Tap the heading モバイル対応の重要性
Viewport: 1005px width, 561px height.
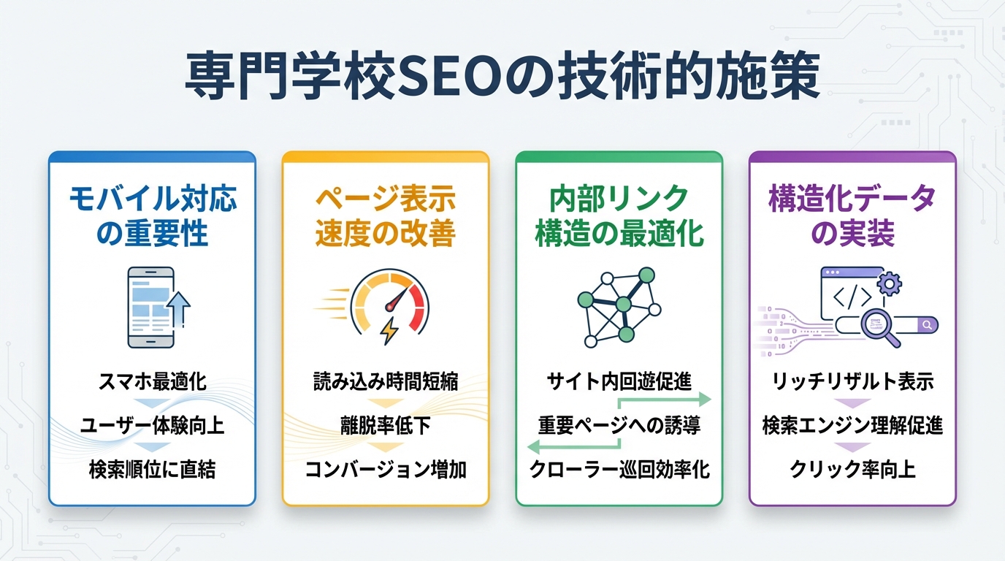point(153,215)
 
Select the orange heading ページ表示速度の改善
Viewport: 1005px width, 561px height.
point(386,215)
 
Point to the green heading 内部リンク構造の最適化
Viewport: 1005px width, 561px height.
point(619,215)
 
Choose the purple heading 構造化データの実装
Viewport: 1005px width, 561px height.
point(852,215)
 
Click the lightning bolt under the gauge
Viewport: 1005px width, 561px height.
point(390,331)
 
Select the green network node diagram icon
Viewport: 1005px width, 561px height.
point(619,305)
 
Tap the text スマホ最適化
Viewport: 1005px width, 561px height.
point(152,381)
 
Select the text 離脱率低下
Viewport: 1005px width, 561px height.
point(385,425)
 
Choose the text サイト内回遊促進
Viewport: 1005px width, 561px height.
point(619,381)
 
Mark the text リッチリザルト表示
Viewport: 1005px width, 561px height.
point(852,381)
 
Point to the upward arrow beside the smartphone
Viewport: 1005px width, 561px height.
point(177,307)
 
